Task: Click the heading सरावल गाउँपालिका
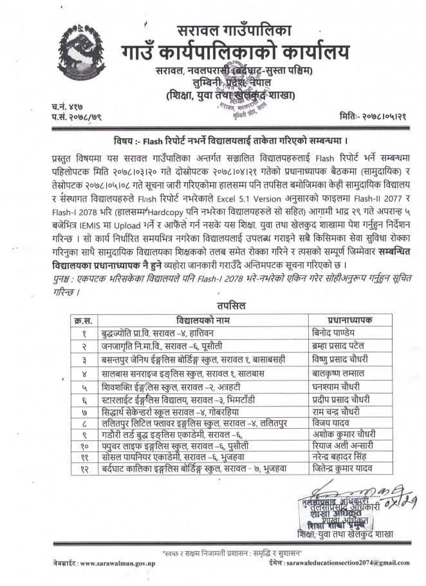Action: click(x=234, y=30)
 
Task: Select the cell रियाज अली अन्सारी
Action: click(x=339, y=445)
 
